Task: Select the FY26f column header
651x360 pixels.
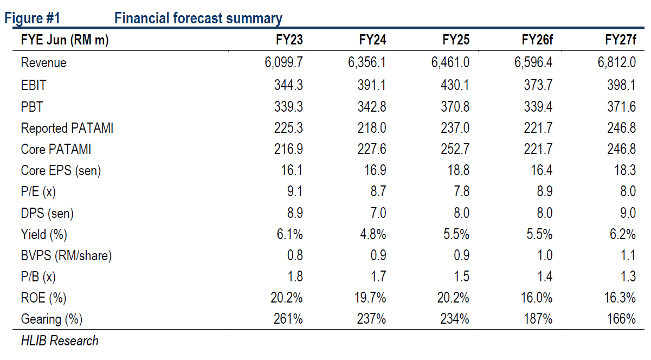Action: (x=537, y=40)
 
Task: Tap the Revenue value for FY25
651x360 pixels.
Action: (x=450, y=62)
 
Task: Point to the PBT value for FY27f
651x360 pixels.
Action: (x=621, y=106)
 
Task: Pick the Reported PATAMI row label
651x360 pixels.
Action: (x=67, y=128)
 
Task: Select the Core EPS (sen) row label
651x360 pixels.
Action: (x=61, y=171)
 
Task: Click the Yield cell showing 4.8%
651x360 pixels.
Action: (x=374, y=235)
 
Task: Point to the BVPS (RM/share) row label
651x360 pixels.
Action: (x=66, y=256)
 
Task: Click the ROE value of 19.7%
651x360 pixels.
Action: (x=371, y=298)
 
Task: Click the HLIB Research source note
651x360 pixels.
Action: (x=60, y=341)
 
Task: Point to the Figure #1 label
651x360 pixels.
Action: (x=32, y=18)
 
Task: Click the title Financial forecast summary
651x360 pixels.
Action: (x=198, y=18)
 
